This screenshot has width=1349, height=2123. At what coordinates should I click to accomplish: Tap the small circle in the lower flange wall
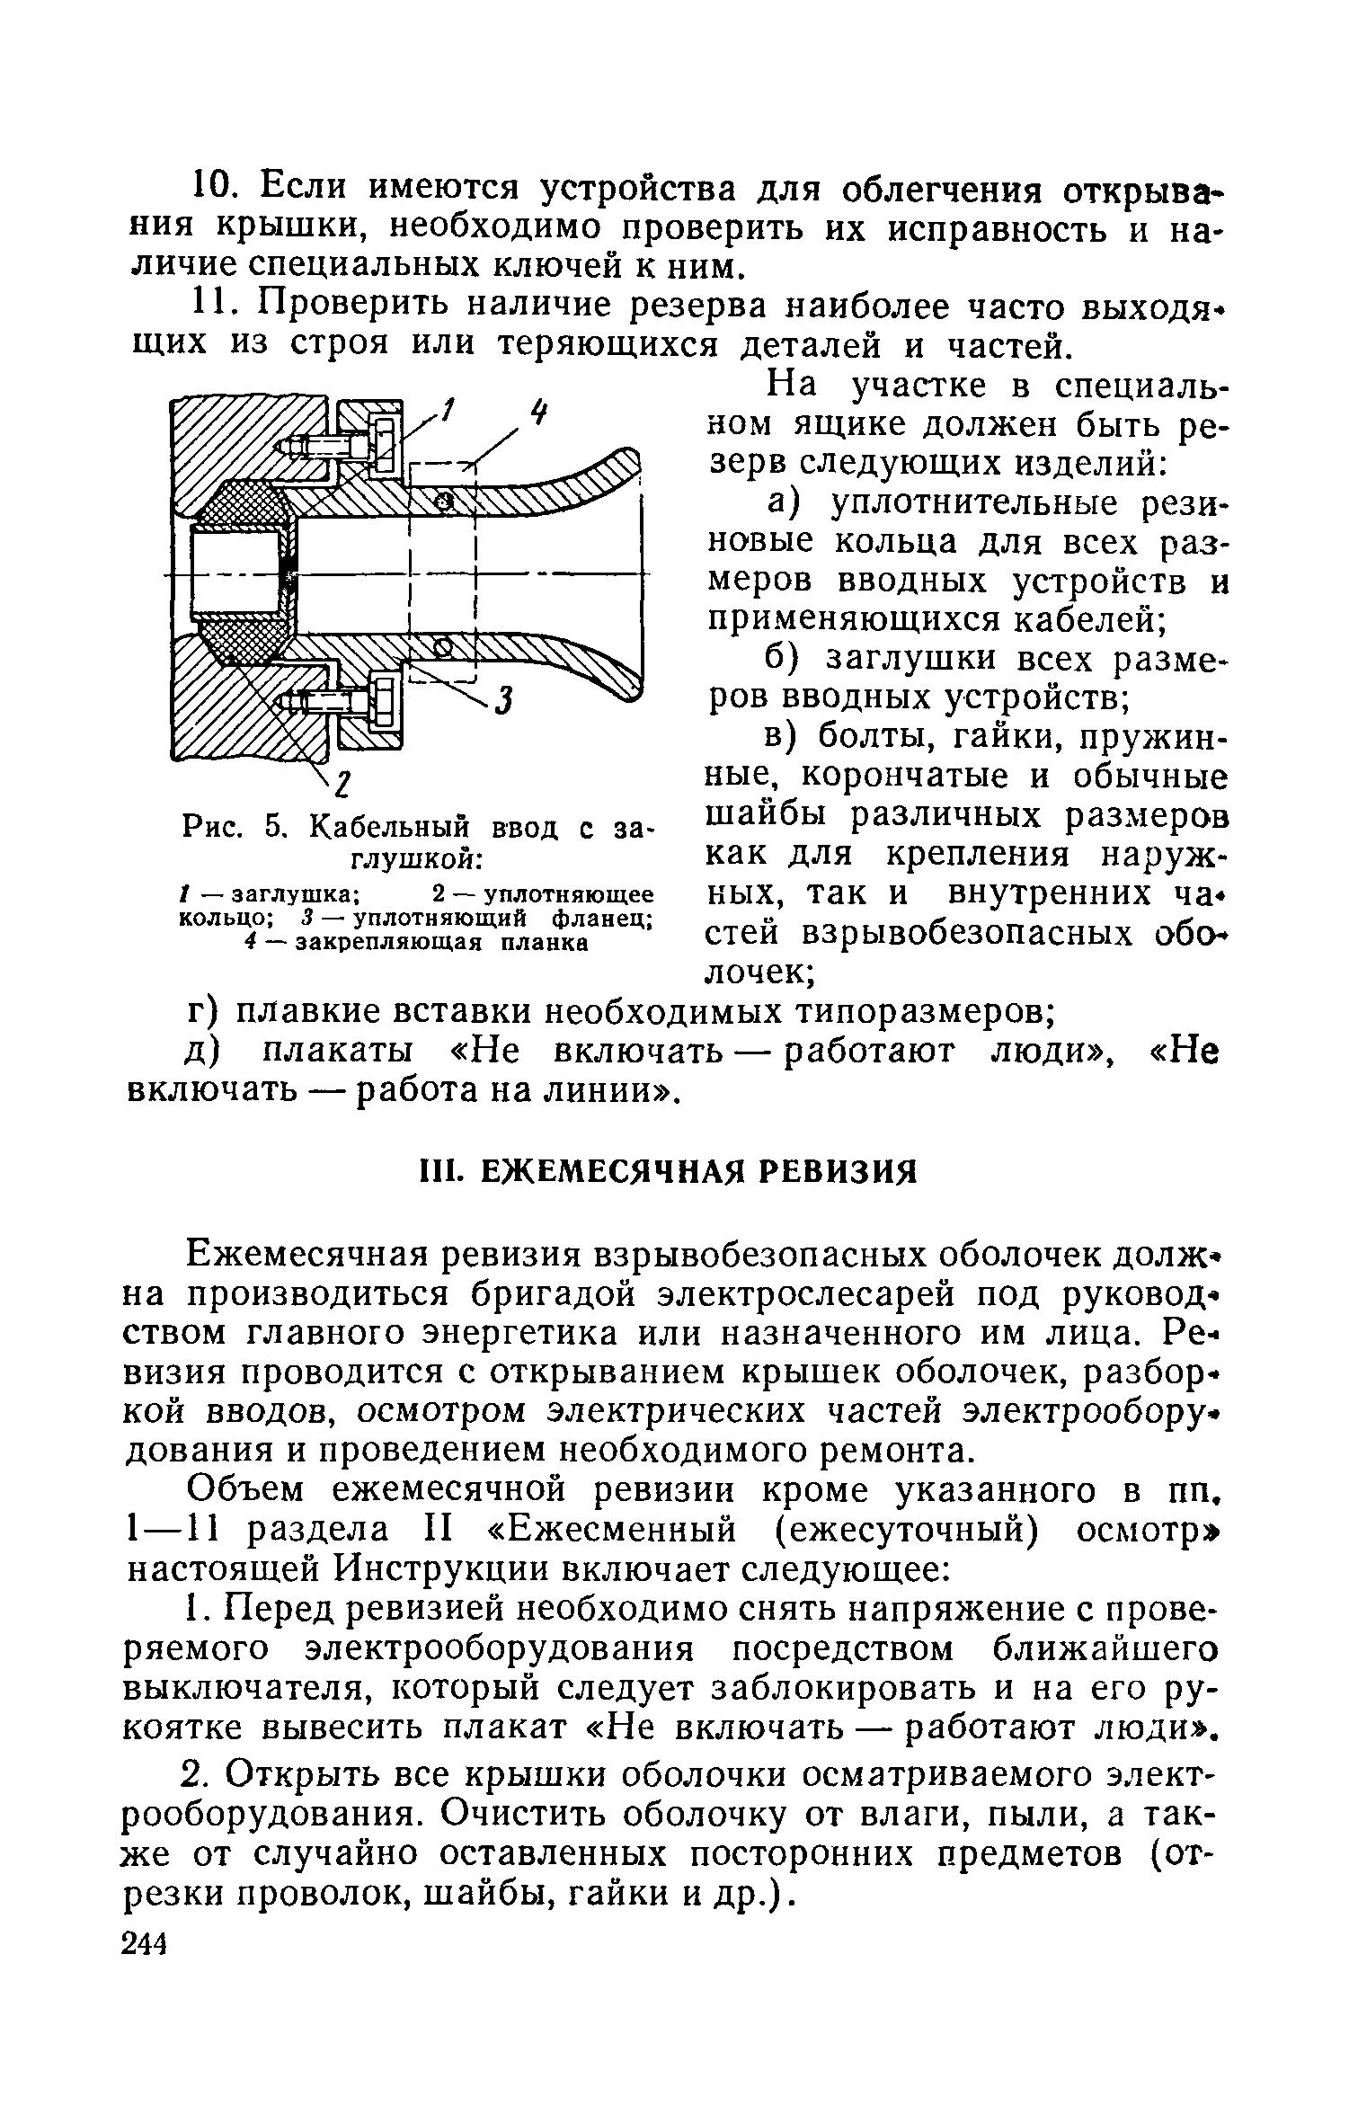[x=441, y=645]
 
